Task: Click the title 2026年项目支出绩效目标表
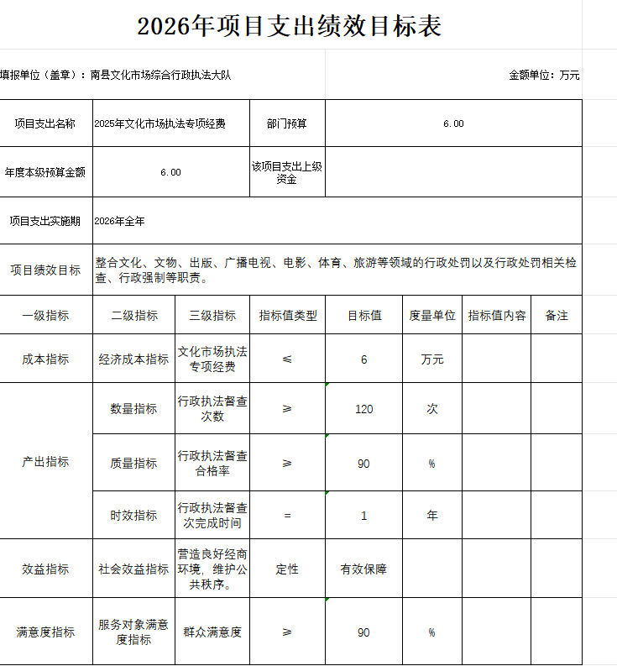pos(290,26)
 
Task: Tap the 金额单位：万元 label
pos(544,75)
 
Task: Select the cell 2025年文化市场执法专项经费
pos(159,123)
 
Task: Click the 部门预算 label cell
pos(287,123)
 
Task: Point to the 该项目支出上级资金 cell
pos(287,172)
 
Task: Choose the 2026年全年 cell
pos(120,221)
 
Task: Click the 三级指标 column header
pos(212,316)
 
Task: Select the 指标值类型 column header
pos(287,316)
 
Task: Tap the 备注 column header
pos(557,316)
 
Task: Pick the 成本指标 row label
pos(45,359)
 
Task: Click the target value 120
pos(363,409)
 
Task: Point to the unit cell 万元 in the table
pos(432,359)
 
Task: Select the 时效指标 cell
pos(133,516)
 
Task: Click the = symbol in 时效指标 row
pos(287,516)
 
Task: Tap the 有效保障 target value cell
pos(363,569)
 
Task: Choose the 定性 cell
pos(287,569)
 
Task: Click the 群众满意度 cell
pos(212,632)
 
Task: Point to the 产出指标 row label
pos(45,462)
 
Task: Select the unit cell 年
pos(432,516)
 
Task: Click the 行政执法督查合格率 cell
pos(212,463)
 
